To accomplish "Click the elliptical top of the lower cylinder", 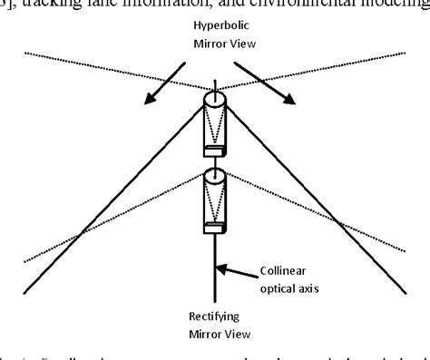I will tap(216, 176).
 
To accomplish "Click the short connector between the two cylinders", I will tap(216, 162).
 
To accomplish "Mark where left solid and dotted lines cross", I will tap(80, 233).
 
